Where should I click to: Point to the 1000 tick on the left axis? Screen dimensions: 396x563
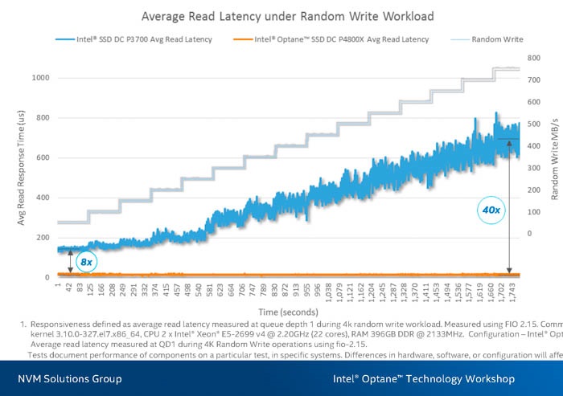click(x=40, y=78)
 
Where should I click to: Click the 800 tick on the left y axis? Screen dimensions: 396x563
click(x=43, y=118)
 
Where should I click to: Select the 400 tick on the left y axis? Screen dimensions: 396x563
click(x=43, y=198)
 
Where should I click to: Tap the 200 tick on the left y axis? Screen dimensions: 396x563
click(x=43, y=238)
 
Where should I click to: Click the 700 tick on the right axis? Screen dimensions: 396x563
click(x=534, y=80)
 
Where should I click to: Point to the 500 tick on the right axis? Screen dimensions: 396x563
click(x=534, y=125)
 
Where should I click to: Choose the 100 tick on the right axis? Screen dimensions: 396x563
click(x=534, y=212)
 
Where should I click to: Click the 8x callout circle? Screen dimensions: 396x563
click(x=85, y=261)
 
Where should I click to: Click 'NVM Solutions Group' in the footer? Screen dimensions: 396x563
click(x=72, y=379)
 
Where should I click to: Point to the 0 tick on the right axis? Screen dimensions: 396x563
click(x=529, y=234)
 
